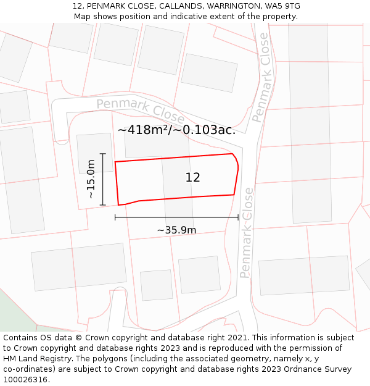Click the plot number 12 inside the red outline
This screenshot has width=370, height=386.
click(x=192, y=178)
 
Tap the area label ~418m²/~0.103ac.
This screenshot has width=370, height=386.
click(x=176, y=130)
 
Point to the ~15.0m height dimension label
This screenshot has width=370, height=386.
click(x=91, y=179)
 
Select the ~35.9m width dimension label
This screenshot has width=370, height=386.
click(x=176, y=230)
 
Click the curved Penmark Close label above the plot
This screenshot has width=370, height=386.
click(x=141, y=109)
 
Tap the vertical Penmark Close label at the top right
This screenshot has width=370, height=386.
click(x=261, y=77)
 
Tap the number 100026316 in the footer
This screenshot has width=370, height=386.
click(x=24, y=380)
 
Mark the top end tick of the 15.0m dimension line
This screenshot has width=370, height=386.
click(x=103, y=154)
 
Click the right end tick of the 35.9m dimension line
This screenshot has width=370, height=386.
click(x=238, y=217)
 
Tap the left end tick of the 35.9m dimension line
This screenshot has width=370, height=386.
click(x=115, y=217)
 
